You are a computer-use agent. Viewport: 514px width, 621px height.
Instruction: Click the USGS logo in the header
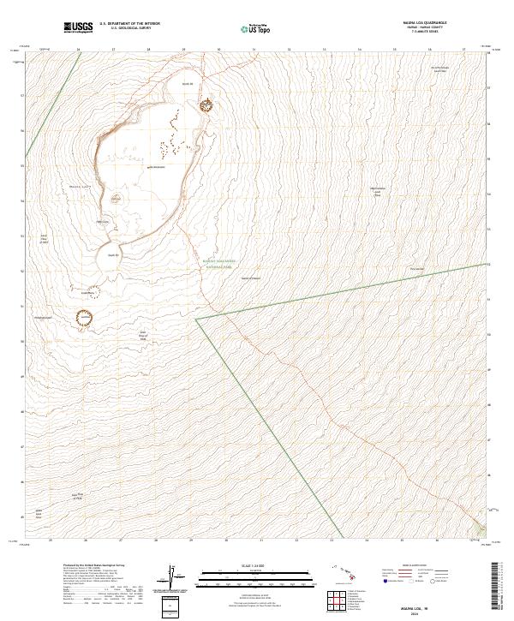79,27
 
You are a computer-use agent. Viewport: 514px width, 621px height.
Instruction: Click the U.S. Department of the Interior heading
129,24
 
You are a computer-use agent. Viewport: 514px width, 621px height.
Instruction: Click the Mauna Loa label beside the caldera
80,186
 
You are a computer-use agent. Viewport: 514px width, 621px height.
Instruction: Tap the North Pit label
188,83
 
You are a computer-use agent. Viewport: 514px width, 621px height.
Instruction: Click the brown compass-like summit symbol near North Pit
206,105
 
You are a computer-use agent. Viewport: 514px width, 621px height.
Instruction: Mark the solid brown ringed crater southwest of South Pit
85,319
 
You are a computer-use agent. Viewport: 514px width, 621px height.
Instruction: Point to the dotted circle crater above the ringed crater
86,292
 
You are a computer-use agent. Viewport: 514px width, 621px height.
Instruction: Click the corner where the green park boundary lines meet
196,319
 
